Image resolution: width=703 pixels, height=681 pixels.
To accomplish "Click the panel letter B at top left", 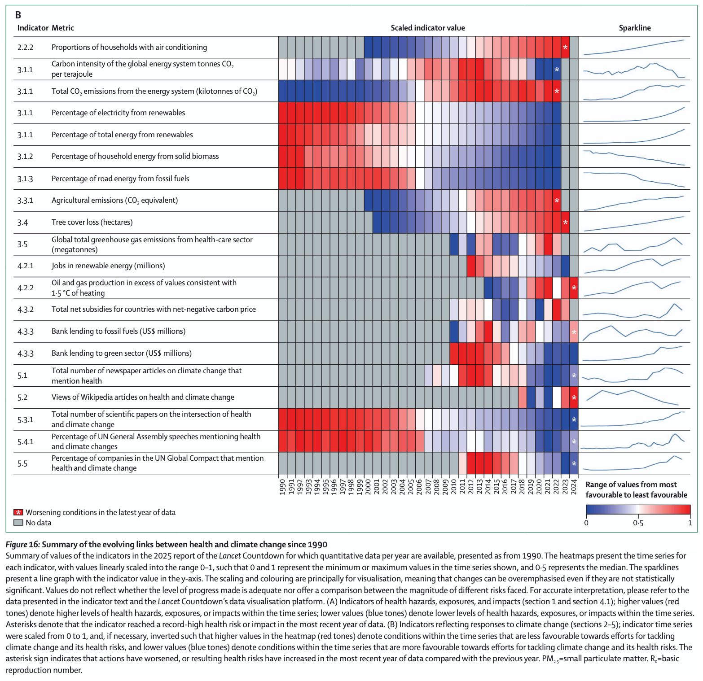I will (18, 15).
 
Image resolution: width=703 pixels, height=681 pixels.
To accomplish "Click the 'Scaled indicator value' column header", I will (427, 28).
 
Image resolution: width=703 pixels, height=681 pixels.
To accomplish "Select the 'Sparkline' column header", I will (634, 28).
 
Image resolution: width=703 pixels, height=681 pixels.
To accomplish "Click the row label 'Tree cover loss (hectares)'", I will (92, 222).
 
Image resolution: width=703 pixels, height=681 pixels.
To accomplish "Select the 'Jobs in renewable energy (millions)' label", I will (108, 266).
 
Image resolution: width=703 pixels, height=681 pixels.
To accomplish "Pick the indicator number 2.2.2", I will (26, 47).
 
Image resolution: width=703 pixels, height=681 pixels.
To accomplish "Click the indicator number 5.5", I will (22, 463).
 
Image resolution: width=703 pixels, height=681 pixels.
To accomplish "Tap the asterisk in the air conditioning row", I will (565, 48).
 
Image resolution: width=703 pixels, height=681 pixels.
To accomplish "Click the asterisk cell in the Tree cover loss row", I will (565, 223).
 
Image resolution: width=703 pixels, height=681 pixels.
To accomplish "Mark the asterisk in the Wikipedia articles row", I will (574, 397).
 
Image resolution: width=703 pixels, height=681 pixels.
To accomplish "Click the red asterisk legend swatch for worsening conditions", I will (18, 512).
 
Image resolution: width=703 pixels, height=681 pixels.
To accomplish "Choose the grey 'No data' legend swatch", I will (18, 523).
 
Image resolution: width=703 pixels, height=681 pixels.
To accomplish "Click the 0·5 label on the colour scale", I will (638, 523).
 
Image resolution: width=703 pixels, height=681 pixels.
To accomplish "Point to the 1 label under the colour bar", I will (690, 523).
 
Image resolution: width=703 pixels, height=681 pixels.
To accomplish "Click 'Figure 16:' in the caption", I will (22, 545).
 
